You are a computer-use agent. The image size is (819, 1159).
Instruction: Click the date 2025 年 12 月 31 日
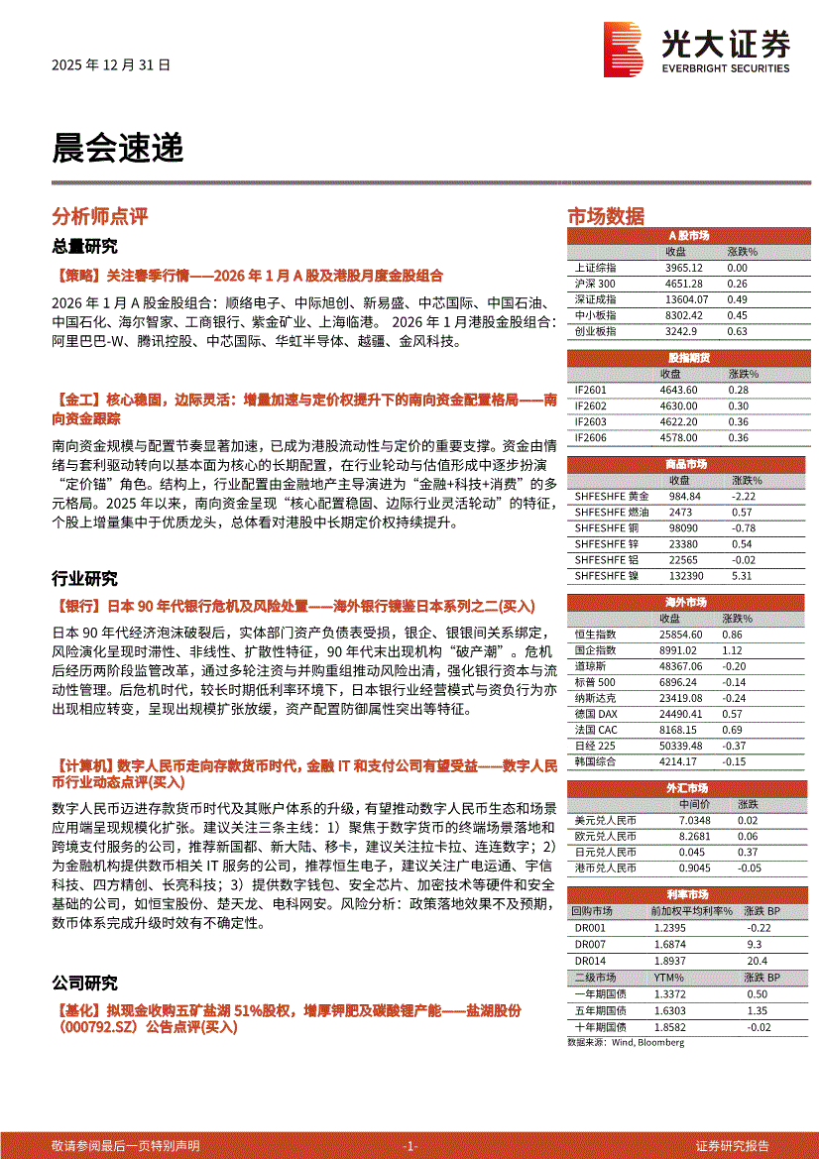[111, 64]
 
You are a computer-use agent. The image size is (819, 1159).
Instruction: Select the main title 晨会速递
[118, 148]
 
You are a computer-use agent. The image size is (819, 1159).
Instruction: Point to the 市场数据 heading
[605, 217]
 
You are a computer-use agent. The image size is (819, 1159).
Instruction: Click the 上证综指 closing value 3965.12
[684, 268]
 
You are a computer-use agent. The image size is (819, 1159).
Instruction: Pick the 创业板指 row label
[595, 331]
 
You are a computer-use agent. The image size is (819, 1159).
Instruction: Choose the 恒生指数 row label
[595, 634]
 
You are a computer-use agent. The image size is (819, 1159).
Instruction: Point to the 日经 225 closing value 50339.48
[684, 746]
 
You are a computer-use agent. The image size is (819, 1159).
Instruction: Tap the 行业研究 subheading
[84, 579]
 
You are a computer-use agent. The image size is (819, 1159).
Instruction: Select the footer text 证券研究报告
[732, 1146]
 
